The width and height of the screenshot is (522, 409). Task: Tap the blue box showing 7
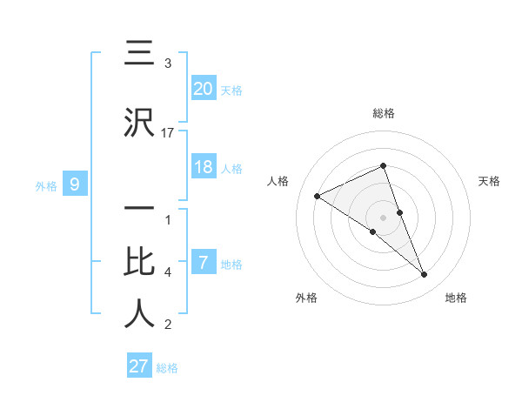(204, 262)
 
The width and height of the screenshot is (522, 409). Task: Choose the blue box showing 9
(75, 184)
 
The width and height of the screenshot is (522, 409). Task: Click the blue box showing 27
(139, 365)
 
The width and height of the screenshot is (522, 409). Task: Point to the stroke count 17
(168, 132)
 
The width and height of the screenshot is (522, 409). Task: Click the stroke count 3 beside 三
(168, 64)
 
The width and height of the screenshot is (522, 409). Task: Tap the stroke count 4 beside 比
(168, 272)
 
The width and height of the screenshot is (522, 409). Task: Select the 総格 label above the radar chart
(384, 113)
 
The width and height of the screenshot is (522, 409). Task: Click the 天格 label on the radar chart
(490, 181)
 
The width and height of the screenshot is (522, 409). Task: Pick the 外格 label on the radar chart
(306, 298)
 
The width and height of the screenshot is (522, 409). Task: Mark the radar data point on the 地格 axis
(425, 275)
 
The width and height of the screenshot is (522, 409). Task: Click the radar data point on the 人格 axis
(318, 196)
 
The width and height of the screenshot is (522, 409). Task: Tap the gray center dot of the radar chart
(384, 218)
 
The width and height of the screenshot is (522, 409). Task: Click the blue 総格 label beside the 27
(167, 368)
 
